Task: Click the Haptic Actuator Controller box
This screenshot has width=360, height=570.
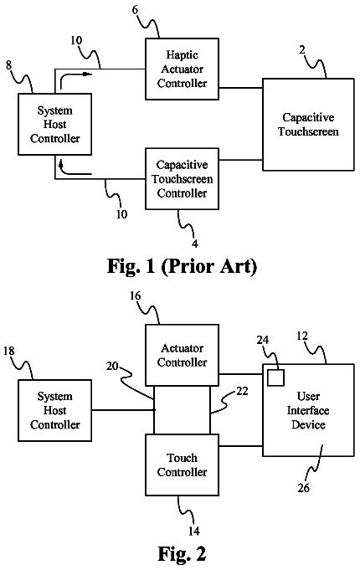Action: point(183,69)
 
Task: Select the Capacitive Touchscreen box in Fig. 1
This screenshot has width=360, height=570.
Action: point(308,125)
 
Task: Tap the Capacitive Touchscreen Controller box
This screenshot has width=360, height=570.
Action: point(183,179)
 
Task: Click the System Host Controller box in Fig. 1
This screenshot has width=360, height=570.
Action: point(55,125)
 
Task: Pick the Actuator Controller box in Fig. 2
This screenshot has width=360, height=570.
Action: point(183,355)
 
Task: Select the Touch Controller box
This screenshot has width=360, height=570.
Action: point(183,465)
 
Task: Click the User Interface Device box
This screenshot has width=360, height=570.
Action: point(308,410)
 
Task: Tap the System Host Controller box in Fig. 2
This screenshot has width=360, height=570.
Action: point(55,410)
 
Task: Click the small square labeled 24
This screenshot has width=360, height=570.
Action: point(275,377)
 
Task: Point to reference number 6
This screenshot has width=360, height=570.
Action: point(135,9)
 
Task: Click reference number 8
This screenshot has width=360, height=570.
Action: point(8,65)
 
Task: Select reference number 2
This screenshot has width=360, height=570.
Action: point(302,50)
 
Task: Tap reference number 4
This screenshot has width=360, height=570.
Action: point(195,244)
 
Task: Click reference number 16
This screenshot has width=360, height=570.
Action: point(135,296)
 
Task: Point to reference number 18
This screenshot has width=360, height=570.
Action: point(8,351)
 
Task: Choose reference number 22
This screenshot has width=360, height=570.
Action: point(242,391)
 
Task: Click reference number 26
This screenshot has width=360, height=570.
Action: point(304,488)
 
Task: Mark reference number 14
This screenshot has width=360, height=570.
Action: point(194,531)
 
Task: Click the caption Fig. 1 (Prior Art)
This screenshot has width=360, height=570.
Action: point(183,267)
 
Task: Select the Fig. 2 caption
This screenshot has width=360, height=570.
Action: point(182,553)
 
